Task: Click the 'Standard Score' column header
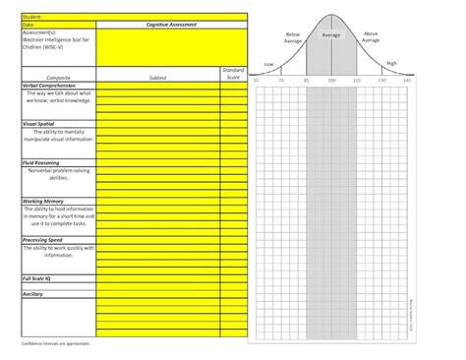pyautogui.click(x=233, y=73)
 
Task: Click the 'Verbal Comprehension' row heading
pyautogui.click(x=50, y=85)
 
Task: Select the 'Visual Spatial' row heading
pyautogui.click(x=37, y=124)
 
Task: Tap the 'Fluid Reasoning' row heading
pyautogui.click(x=41, y=162)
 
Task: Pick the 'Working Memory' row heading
pyautogui.click(x=41, y=201)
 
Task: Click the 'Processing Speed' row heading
pyautogui.click(x=43, y=239)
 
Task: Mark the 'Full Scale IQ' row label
pyautogui.click(x=36, y=277)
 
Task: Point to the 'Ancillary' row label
pyautogui.click(x=31, y=293)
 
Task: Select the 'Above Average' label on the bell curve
pyautogui.click(x=370, y=36)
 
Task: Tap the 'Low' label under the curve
pyautogui.click(x=268, y=63)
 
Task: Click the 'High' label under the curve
pyautogui.click(x=391, y=62)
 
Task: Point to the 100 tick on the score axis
pyautogui.click(x=331, y=79)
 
